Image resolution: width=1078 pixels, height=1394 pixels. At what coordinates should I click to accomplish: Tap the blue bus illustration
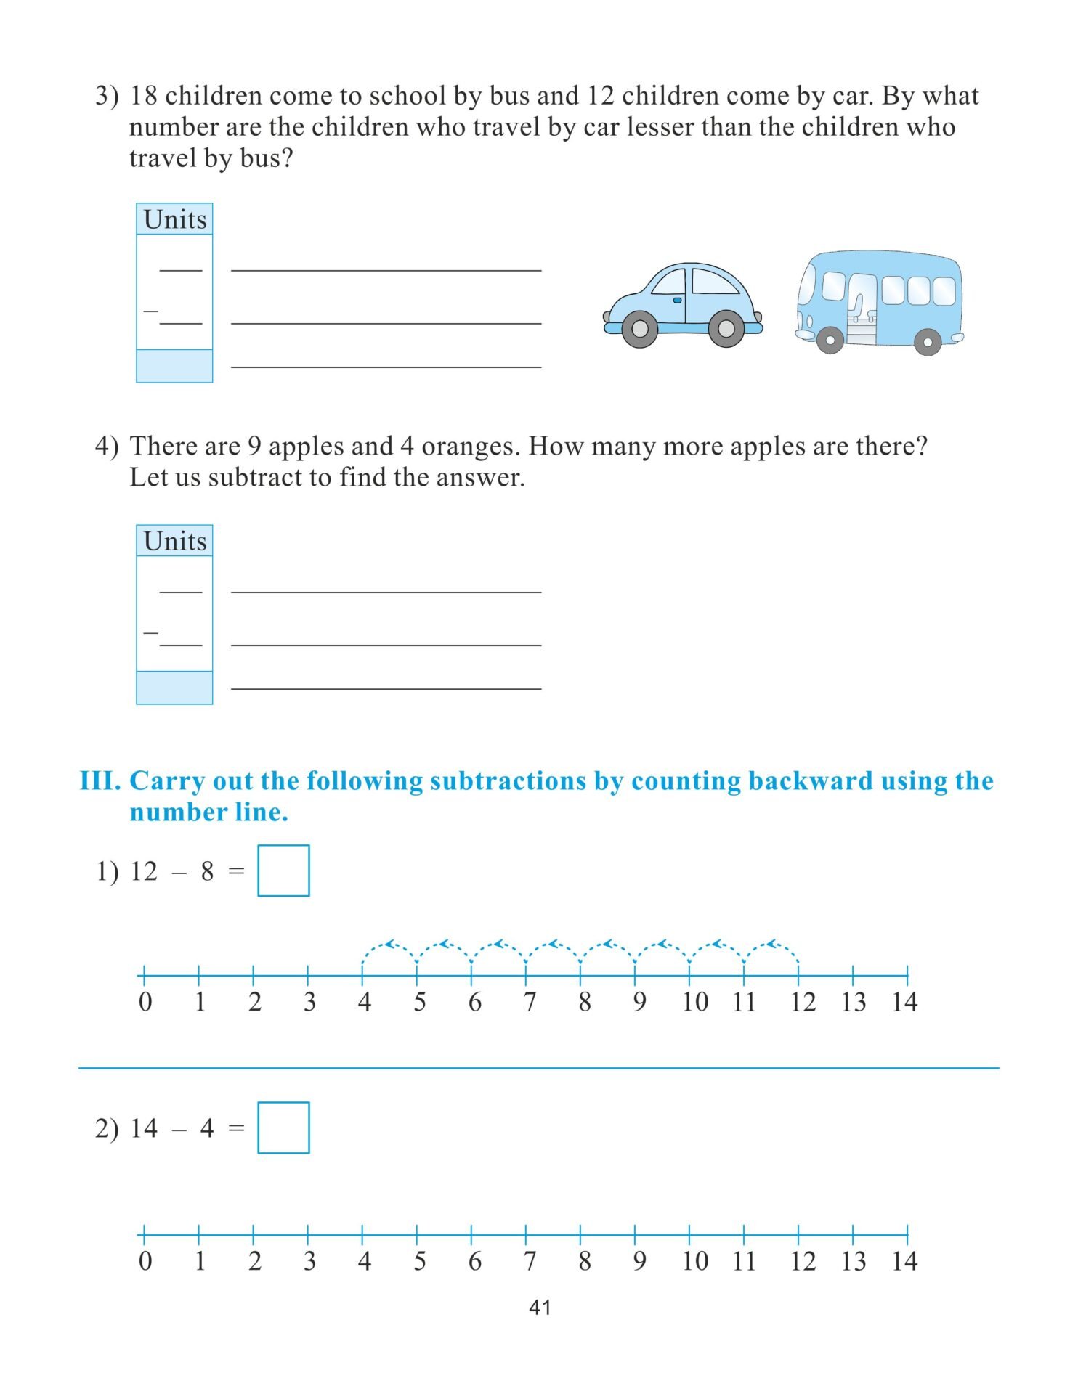[x=880, y=301]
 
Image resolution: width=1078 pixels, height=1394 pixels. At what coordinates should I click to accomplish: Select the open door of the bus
[x=862, y=309]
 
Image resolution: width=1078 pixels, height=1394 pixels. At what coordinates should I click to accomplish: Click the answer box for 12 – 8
[x=283, y=871]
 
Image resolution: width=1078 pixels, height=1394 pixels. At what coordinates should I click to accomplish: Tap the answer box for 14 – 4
[x=283, y=1128]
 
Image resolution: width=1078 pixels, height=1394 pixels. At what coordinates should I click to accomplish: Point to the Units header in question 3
[x=175, y=219]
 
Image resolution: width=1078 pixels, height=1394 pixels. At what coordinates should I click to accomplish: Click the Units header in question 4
[x=175, y=541]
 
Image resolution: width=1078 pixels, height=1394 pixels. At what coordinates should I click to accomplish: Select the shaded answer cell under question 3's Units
[x=174, y=366]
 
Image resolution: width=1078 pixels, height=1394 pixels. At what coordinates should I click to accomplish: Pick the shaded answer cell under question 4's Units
[x=174, y=688]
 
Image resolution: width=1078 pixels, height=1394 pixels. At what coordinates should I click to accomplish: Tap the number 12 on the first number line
[x=803, y=1003]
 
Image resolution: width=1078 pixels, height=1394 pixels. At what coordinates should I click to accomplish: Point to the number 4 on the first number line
[x=365, y=1003]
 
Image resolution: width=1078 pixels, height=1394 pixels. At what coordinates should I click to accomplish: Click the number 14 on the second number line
[x=904, y=1262]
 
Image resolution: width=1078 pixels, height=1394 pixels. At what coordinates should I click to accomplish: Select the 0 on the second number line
[x=145, y=1262]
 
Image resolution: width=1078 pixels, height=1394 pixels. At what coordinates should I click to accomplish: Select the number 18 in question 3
[x=144, y=96]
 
